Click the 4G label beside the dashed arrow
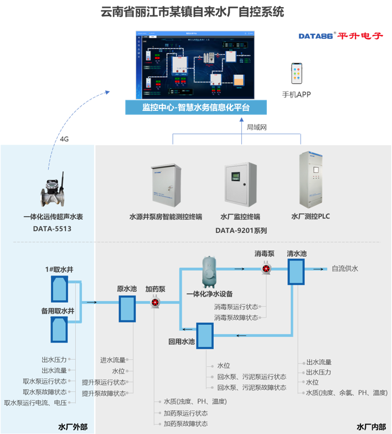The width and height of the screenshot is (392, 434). [65, 139]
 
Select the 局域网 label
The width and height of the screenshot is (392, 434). [257, 127]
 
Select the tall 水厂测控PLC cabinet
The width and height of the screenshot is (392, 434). [311, 178]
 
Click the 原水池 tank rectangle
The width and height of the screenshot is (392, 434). [127, 308]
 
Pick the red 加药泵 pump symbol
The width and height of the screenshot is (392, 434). [156, 302]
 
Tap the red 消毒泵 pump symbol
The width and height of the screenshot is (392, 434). [266, 269]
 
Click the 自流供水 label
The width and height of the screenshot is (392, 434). [345, 269]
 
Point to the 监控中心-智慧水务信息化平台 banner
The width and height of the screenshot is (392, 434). [196, 107]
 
